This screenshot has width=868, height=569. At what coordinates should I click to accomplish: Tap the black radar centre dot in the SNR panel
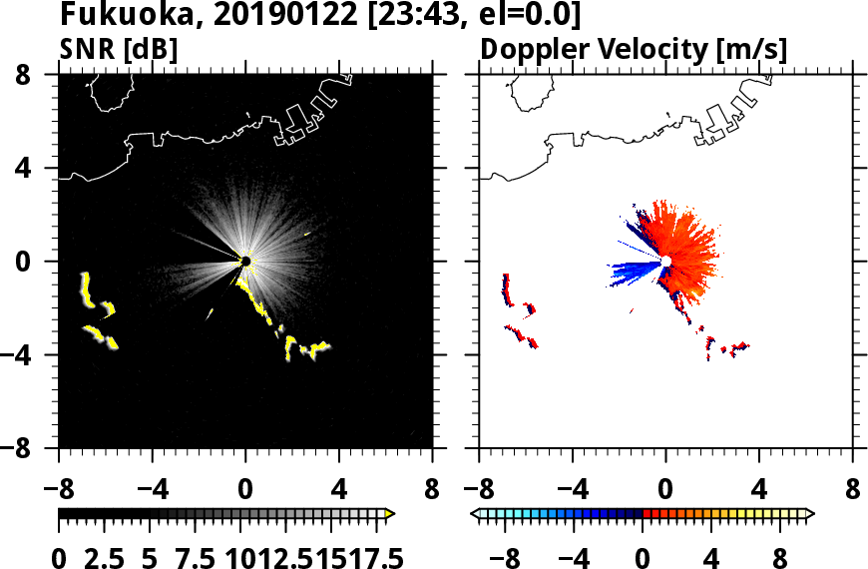pyautogui.click(x=245, y=262)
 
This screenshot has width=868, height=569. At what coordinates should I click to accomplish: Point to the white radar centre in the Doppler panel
pyautogui.click(x=664, y=261)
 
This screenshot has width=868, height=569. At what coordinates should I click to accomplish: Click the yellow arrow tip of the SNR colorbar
pyautogui.click(x=391, y=513)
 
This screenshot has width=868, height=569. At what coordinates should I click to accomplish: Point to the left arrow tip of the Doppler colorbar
pyautogui.click(x=473, y=513)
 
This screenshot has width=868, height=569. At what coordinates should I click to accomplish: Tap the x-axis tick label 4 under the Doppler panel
pyautogui.click(x=759, y=491)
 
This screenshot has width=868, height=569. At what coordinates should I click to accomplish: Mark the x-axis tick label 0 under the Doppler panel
pyautogui.click(x=665, y=491)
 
